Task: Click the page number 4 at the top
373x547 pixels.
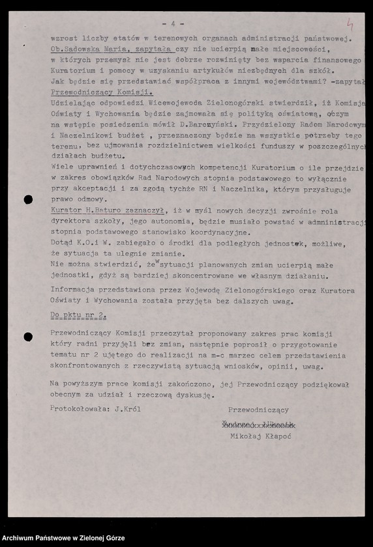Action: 173,23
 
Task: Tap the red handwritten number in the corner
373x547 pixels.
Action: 350,24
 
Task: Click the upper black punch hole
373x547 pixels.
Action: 28,200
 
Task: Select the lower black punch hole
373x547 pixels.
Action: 28,337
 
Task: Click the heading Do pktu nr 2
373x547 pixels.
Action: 78,315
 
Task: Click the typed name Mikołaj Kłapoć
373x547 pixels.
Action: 261,436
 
